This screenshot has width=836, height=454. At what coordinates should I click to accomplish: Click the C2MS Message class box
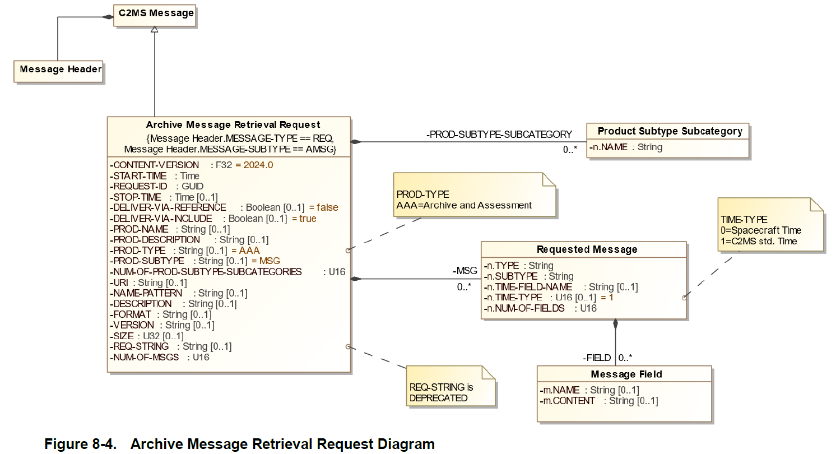(x=155, y=14)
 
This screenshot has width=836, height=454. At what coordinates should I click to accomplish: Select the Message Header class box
(x=61, y=70)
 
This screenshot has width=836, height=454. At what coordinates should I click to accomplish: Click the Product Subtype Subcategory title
(x=670, y=131)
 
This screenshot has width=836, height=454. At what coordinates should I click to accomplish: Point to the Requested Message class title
(x=587, y=249)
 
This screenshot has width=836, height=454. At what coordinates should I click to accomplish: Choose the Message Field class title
(x=626, y=374)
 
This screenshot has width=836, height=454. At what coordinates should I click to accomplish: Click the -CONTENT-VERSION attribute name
(x=155, y=165)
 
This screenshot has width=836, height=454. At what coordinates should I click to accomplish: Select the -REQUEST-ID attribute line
(x=157, y=186)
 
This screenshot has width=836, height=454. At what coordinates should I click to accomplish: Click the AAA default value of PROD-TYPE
(x=249, y=251)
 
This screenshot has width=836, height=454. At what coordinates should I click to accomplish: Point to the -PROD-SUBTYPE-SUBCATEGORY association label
(x=499, y=135)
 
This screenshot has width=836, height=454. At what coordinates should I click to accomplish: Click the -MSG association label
(x=465, y=271)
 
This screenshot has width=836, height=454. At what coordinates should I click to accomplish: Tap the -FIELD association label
(x=597, y=358)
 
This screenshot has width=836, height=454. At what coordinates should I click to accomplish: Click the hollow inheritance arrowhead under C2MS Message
(x=155, y=29)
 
